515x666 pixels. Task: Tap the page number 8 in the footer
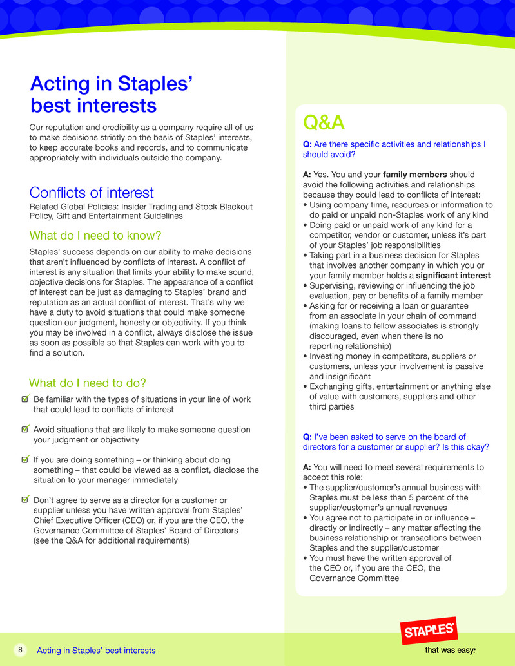point(21,650)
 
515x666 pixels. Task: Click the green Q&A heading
point(324,122)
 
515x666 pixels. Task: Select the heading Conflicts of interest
point(92,192)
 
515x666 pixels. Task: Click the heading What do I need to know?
point(95,235)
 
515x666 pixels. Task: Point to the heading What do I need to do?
point(88,383)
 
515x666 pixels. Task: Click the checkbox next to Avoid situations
point(25,428)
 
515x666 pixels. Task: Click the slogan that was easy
point(450,650)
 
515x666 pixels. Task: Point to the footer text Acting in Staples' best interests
point(96,651)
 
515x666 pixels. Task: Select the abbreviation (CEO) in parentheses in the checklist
point(127,520)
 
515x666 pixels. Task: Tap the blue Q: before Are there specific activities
point(307,144)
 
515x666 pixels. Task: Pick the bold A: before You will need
point(307,467)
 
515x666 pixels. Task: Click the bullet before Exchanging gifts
point(305,386)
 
